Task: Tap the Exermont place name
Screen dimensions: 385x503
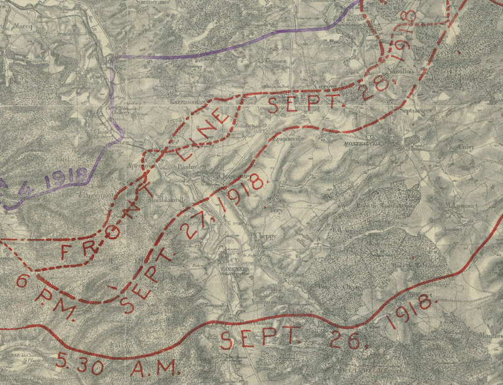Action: (x=184, y=100)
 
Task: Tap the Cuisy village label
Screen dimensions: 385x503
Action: (x=466, y=146)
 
